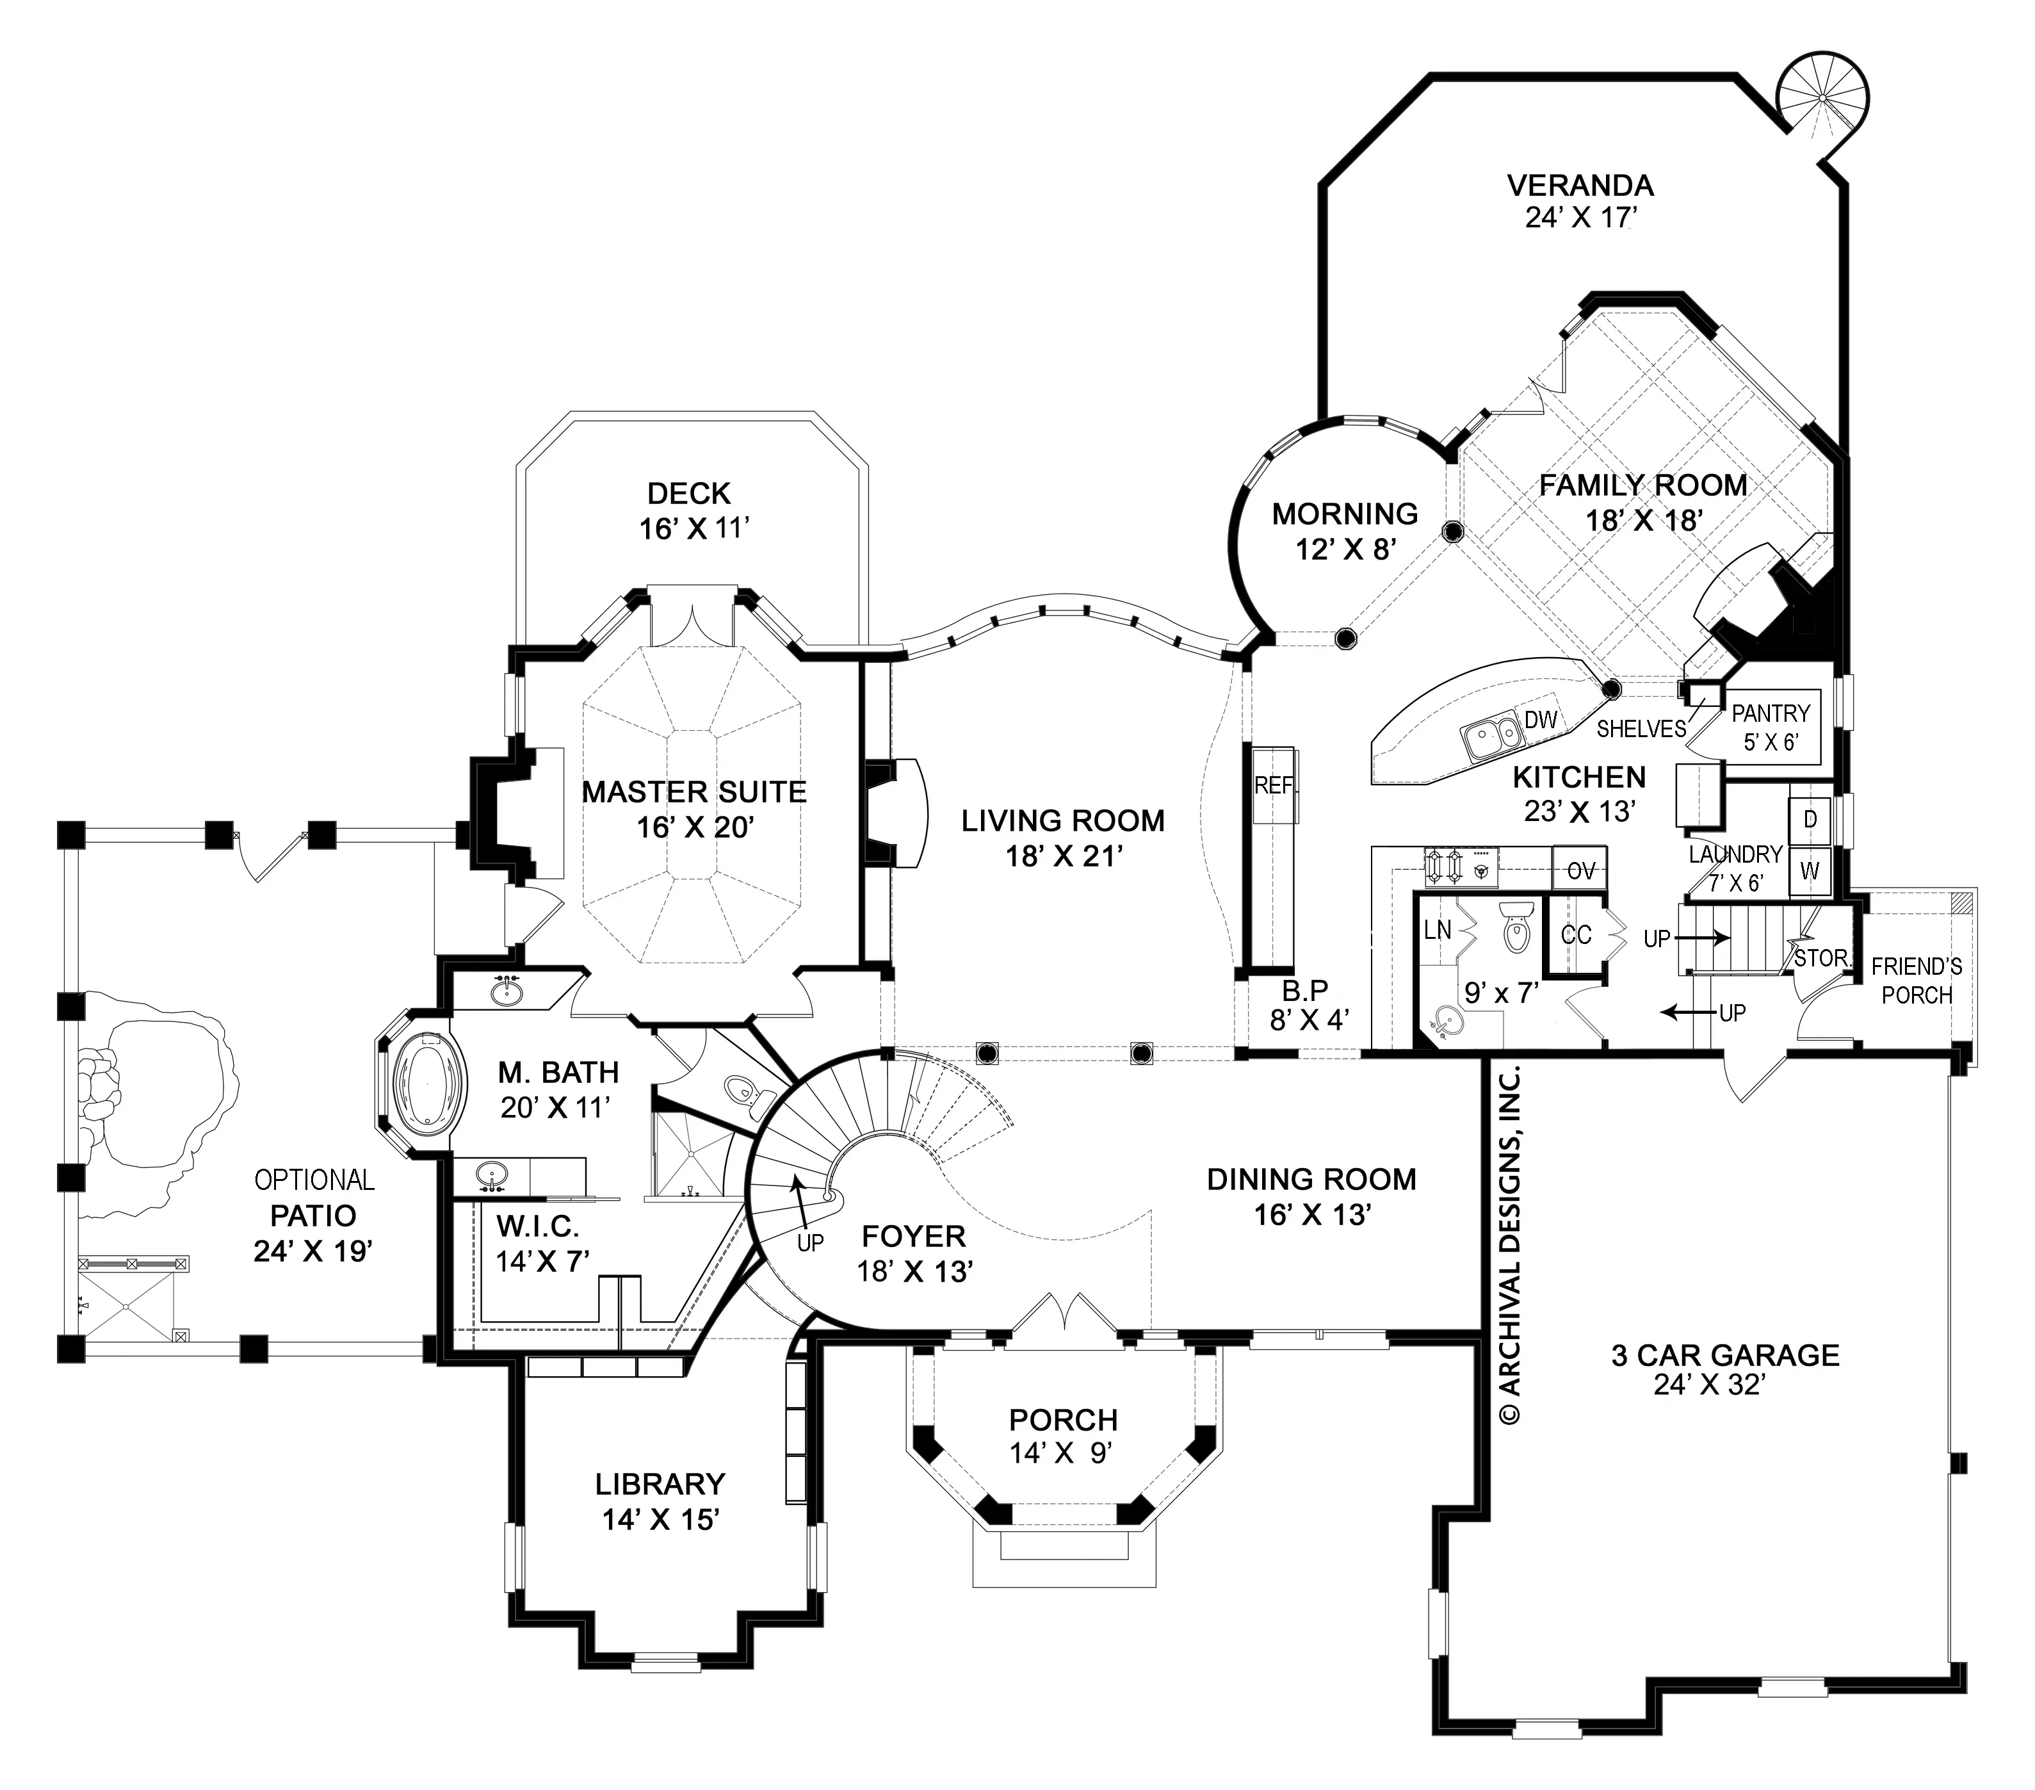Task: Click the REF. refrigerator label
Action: pyautogui.click(x=1276, y=786)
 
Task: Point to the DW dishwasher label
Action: pyautogui.click(x=1540, y=720)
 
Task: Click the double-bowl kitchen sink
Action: pyautogui.click(x=1491, y=738)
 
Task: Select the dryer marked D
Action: pyautogui.click(x=1810, y=819)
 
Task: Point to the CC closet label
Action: pyautogui.click(x=1576, y=935)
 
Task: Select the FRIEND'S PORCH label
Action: pyautogui.click(x=1917, y=980)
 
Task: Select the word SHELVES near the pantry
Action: pyautogui.click(x=1641, y=729)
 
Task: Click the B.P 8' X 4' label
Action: pyautogui.click(x=1304, y=1004)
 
